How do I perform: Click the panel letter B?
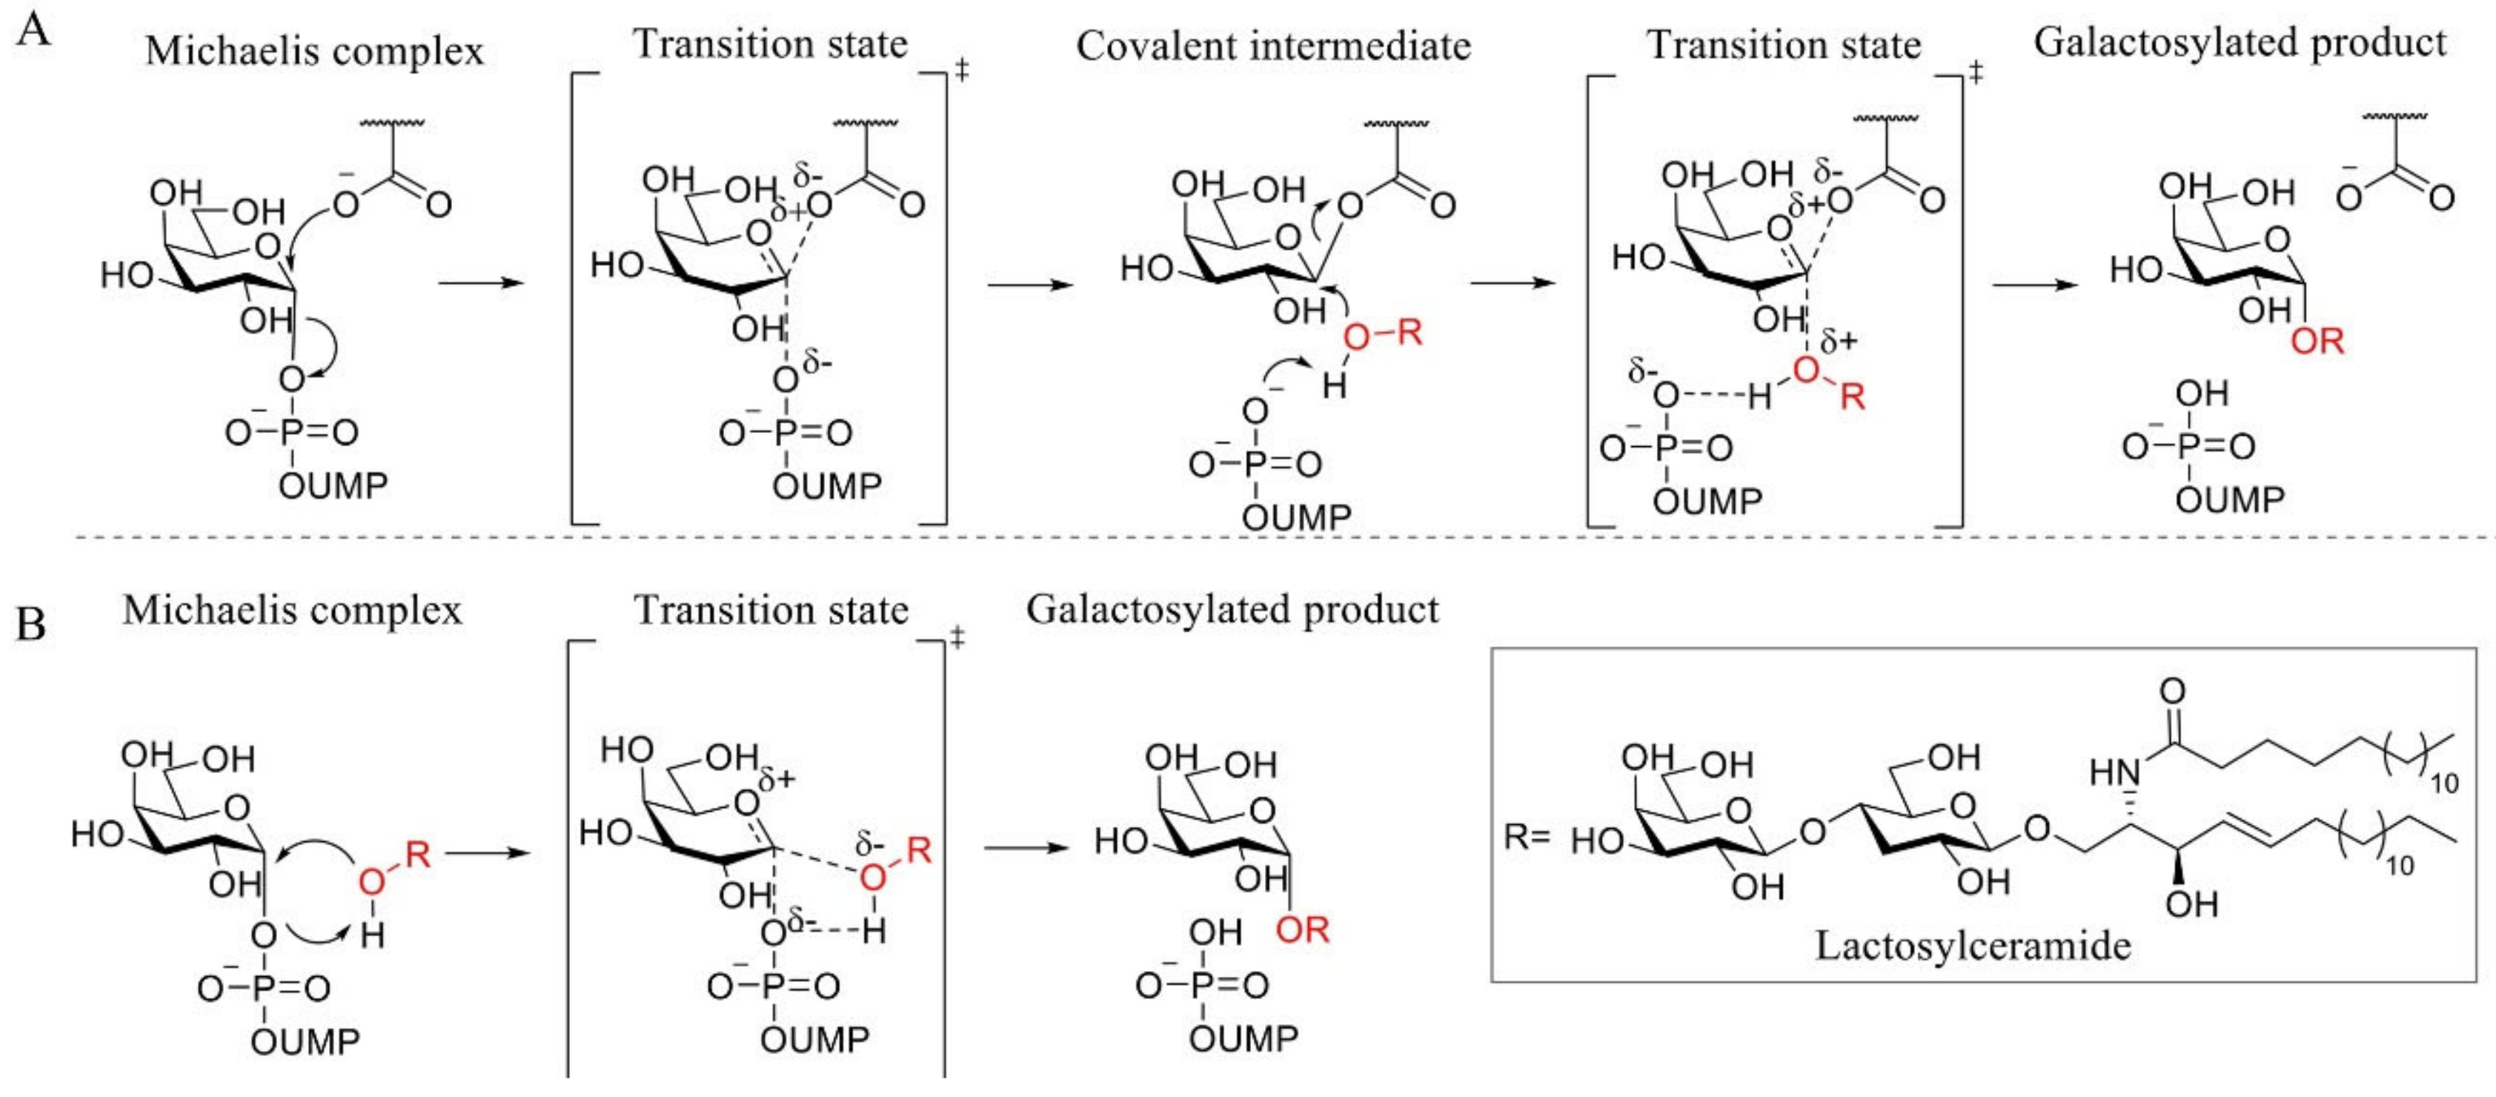click(x=31, y=623)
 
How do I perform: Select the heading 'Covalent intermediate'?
click(x=1273, y=45)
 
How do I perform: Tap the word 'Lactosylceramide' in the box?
click(x=1973, y=945)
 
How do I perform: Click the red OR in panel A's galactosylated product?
click(x=2317, y=341)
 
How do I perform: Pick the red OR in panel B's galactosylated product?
click(x=1302, y=929)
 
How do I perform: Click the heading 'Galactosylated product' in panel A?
click(x=2240, y=43)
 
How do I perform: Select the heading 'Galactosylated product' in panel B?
click(x=1232, y=609)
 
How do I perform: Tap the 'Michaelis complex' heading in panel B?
click(x=293, y=611)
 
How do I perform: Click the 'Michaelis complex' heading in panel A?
click(x=314, y=50)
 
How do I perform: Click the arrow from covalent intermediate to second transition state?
click(x=1513, y=284)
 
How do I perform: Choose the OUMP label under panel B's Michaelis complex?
click(x=306, y=1041)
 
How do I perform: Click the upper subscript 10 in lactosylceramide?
click(x=2445, y=783)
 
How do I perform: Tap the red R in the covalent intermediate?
click(x=1409, y=334)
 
